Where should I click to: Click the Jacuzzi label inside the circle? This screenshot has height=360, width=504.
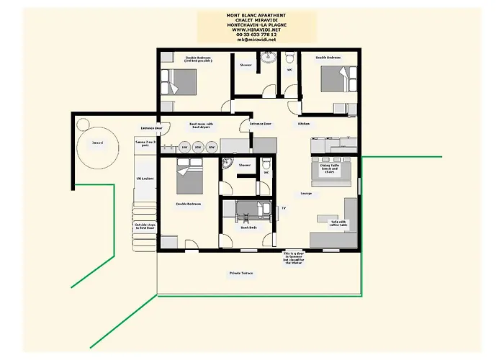tap(98, 143)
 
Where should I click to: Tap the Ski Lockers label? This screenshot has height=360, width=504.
tap(145, 178)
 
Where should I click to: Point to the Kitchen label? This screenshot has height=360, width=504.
tap(305, 124)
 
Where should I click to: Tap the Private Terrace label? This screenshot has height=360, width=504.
tap(241, 274)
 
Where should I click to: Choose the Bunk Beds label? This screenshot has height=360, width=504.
tap(248, 228)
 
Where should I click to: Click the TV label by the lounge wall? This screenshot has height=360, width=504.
tap(283, 208)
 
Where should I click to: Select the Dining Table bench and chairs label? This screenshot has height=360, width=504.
tap(329, 168)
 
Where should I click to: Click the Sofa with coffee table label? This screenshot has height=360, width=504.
tap(338, 222)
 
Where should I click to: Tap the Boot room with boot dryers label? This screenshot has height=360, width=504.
tap(202, 125)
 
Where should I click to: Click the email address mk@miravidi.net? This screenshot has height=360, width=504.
tap(256, 40)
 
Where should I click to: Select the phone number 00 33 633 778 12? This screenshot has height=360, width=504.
tap(256, 35)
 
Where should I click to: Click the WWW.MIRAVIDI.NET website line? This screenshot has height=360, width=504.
tap(256, 30)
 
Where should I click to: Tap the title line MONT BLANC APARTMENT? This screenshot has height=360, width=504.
tap(256, 14)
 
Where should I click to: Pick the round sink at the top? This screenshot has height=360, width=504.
tap(269, 60)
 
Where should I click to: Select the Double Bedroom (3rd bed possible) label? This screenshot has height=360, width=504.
tap(199, 60)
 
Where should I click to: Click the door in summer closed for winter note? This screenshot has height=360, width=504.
tap(298, 258)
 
